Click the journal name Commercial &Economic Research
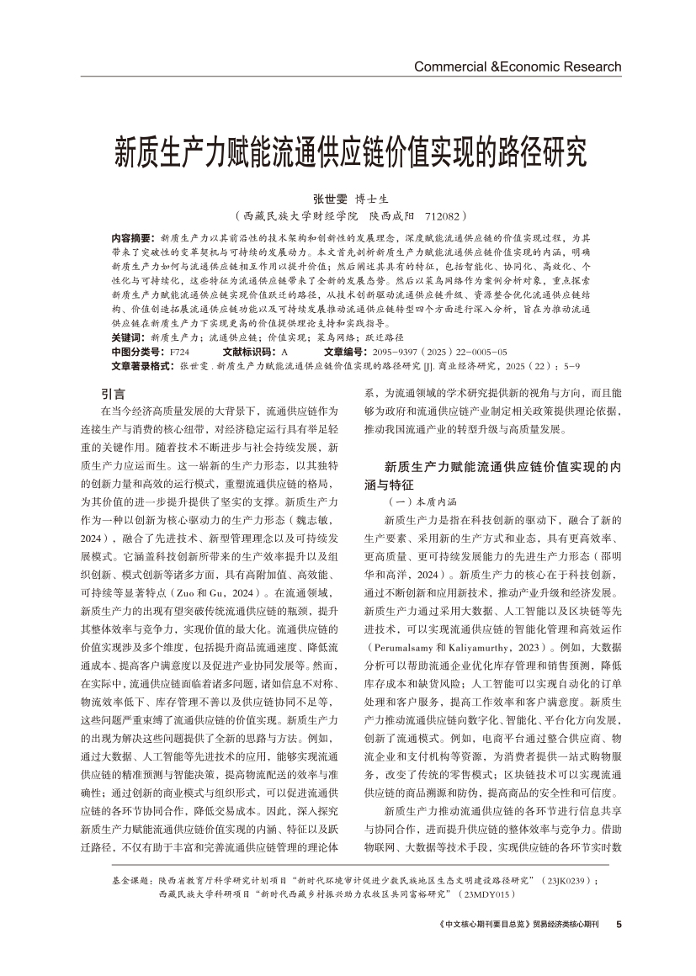click(518, 66)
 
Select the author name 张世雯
click(330, 199)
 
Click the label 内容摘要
click(132, 239)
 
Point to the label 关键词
click(127, 335)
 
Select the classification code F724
click(179, 351)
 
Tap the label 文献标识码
click(248, 351)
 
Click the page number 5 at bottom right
click(619, 924)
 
